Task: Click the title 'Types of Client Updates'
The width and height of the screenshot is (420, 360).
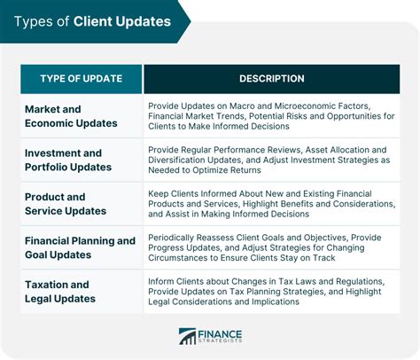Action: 92,20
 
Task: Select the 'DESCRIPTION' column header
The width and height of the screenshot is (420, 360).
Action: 271,79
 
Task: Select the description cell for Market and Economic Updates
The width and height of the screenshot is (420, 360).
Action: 271,116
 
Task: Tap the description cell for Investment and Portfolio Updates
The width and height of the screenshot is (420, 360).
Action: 271,160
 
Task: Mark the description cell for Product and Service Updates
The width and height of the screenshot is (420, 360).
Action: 271,204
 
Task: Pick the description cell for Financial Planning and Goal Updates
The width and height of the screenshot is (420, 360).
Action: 271,247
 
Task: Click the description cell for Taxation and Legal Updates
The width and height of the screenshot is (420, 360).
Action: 271,292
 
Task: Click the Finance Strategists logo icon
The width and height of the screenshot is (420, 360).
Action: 187,338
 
